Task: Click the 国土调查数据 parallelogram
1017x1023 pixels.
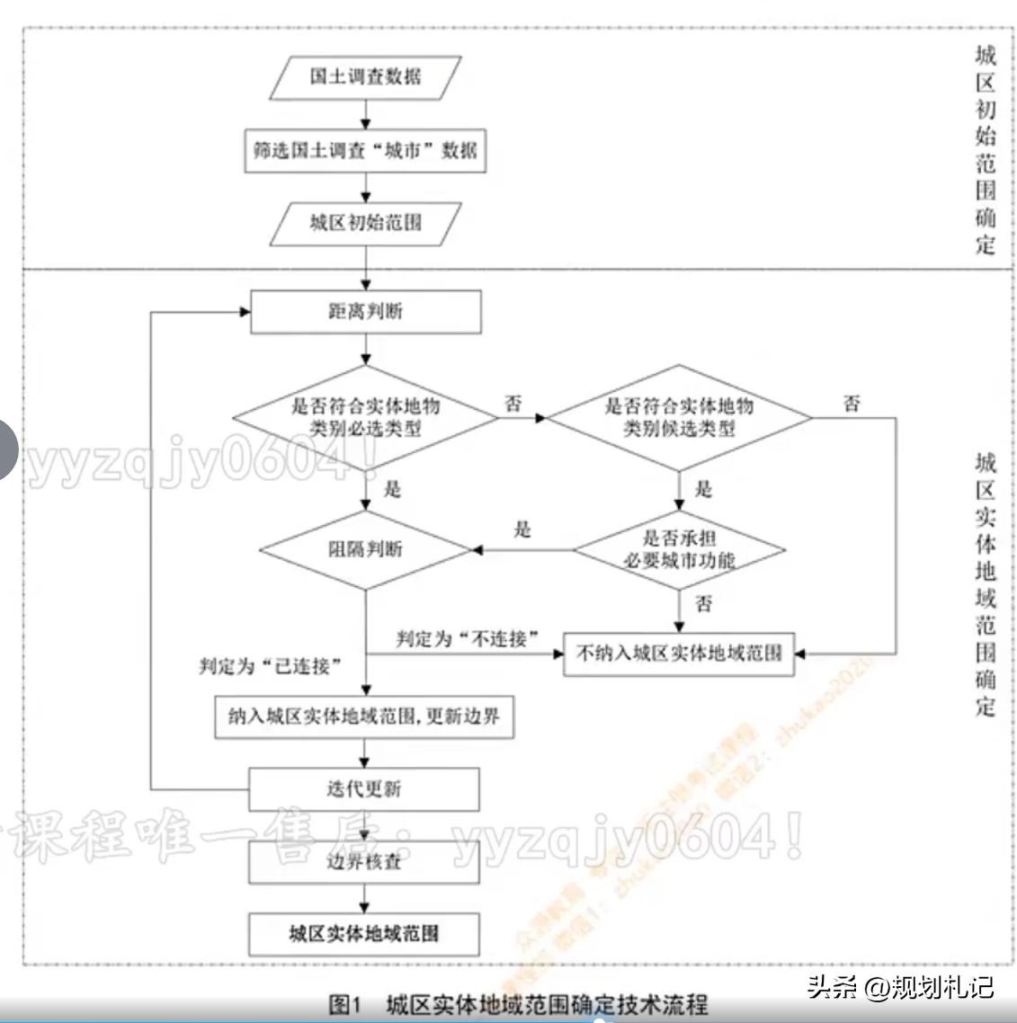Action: (x=365, y=77)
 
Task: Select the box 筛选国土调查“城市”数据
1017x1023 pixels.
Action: (x=365, y=150)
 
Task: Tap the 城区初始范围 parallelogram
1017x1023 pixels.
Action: (x=365, y=223)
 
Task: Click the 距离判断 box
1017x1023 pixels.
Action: (x=365, y=312)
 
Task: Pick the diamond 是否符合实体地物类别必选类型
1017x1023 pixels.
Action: (x=365, y=417)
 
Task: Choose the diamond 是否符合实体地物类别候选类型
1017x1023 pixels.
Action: (x=679, y=417)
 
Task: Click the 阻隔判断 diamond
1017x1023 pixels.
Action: (x=365, y=549)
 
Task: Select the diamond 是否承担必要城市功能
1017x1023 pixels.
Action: (x=679, y=549)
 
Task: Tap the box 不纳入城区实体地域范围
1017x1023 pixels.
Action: (x=679, y=654)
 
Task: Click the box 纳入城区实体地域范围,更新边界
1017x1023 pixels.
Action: (x=364, y=716)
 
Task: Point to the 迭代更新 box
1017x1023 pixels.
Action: (x=364, y=789)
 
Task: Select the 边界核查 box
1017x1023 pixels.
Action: (x=364, y=861)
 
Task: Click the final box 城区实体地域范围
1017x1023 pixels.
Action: (x=364, y=933)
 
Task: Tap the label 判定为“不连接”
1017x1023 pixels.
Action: (x=468, y=639)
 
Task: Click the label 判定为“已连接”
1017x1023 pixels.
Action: (x=271, y=666)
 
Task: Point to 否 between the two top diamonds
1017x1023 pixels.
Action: (x=513, y=403)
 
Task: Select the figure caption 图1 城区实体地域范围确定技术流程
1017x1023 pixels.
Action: (x=519, y=1004)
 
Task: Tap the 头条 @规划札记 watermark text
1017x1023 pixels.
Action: (x=900, y=986)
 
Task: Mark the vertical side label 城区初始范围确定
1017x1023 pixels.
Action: (x=986, y=149)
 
